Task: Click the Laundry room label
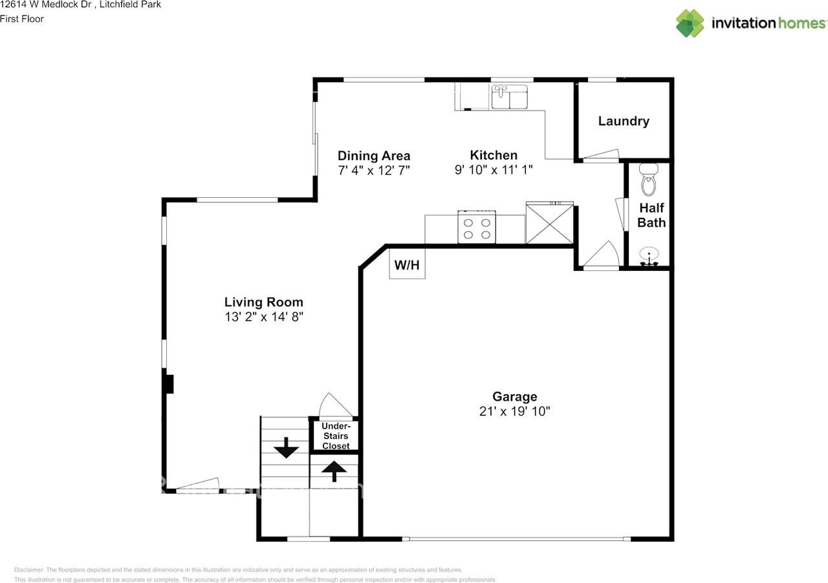click(624, 121)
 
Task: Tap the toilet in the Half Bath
click(649, 180)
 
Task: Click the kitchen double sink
click(509, 97)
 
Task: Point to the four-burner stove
click(477, 228)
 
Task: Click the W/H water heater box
click(407, 264)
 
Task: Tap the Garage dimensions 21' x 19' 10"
click(514, 411)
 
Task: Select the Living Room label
click(263, 302)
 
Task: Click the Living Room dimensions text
click(264, 317)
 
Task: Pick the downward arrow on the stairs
click(286, 447)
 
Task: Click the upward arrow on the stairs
click(334, 471)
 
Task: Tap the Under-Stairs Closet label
click(336, 436)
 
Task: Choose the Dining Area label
click(374, 156)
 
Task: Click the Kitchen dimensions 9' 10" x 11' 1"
click(494, 170)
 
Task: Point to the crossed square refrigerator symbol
click(550, 223)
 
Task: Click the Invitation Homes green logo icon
click(690, 23)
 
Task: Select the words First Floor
click(22, 19)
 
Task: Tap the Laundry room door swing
click(601, 155)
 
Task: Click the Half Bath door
click(622, 215)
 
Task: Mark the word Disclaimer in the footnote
click(29, 569)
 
